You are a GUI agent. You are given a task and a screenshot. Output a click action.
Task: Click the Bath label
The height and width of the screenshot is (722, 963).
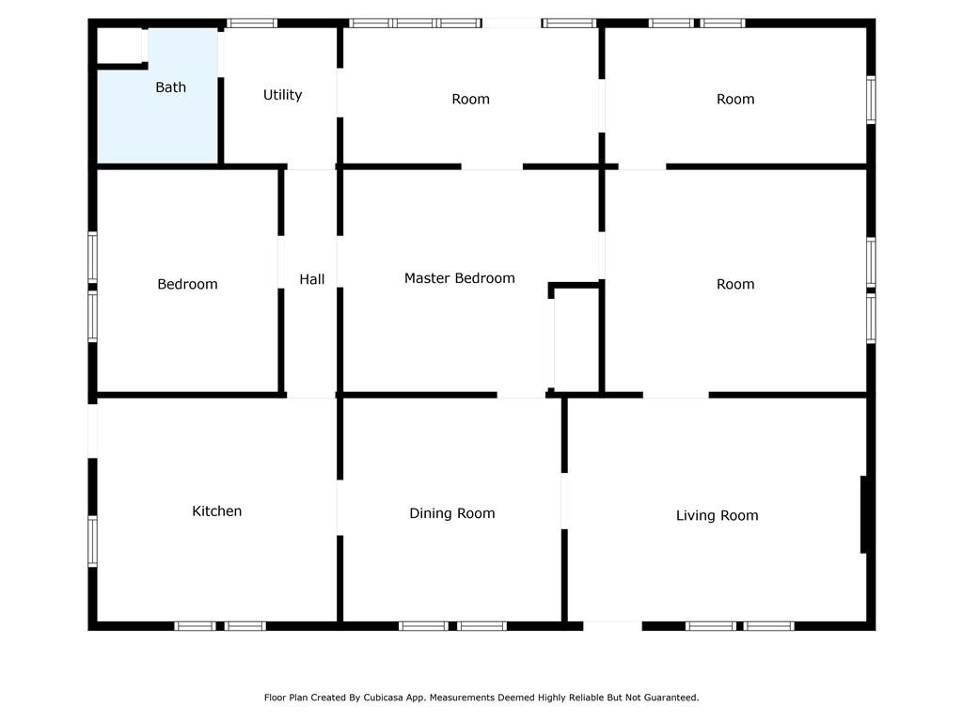(171, 87)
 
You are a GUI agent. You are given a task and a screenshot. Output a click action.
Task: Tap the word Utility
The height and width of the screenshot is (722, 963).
(282, 95)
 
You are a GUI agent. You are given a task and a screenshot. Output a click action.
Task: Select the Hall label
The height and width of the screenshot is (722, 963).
(312, 279)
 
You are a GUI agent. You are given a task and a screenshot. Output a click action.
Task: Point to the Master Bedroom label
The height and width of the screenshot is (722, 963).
(459, 278)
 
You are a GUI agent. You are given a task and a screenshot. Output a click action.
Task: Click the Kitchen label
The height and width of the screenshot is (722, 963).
(217, 510)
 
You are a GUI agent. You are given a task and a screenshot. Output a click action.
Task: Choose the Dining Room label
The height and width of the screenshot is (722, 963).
(452, 513)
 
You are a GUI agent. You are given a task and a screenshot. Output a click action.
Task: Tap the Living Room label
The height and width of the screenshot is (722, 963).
(718, 516)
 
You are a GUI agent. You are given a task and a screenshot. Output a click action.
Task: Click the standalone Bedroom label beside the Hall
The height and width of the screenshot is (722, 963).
(187, 284)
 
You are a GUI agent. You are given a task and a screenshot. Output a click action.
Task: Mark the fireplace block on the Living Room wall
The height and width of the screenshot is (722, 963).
(863, 514)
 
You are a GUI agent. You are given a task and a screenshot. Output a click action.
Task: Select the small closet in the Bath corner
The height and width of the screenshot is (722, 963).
(120, 45)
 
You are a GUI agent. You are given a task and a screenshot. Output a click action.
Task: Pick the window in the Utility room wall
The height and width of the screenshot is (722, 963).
(252, 24)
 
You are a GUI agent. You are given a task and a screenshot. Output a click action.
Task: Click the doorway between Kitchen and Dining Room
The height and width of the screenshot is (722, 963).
(339, 508)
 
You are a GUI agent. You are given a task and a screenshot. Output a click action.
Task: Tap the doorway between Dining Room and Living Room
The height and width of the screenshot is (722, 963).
(564, 501)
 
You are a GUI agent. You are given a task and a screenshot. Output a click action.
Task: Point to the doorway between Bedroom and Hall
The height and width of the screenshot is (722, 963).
(281, 262)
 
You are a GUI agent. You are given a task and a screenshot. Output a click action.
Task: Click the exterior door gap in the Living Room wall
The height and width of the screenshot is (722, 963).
(612, 626)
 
